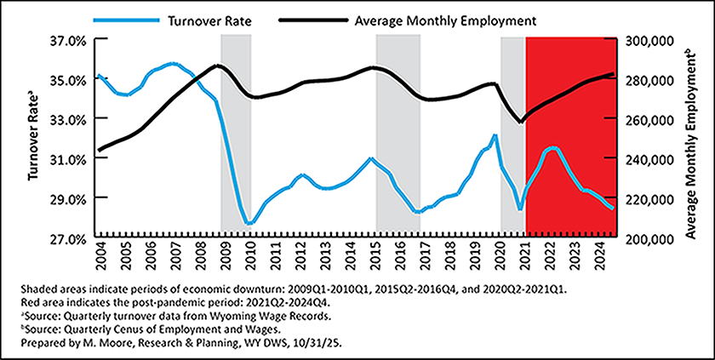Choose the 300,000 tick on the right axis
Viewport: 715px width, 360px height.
650,40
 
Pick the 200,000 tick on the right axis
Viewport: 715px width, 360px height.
650,238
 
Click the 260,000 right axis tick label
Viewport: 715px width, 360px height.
650,119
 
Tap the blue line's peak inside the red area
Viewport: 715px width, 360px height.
552,148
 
